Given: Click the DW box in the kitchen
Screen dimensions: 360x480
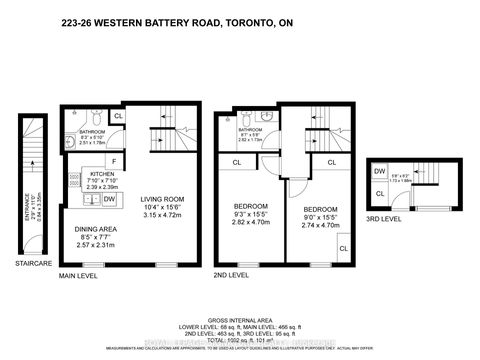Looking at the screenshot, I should pyautogui.click(x=107, y=200).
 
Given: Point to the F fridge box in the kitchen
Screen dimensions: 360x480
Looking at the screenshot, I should pyautogui.click(x=115, y=160).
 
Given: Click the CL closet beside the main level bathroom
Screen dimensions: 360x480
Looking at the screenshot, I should pyautogui.click(x=118, y=116).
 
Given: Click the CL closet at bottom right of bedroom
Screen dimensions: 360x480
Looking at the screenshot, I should pyautogui.click(x=343, y=248).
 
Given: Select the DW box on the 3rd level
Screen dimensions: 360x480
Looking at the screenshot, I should pyautogui.click(x=380, y=172).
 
